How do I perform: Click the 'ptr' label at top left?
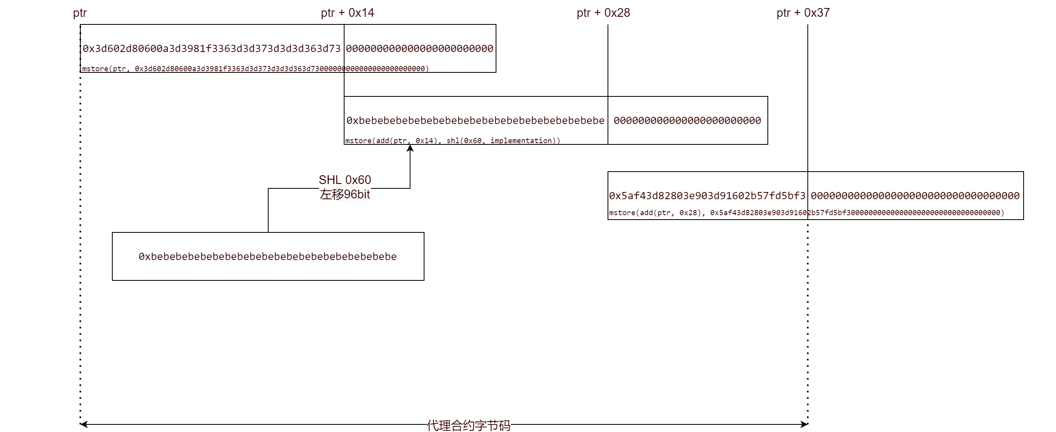point(80,13)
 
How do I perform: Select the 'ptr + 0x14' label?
point(347,13)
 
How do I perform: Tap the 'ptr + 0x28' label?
point(603,13)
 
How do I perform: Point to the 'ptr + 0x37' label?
point(803,13)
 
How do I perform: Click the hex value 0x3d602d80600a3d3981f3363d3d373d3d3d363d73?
point(211,49)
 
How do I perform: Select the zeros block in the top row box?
point(419,49)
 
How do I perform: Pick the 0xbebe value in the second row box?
point(475,121)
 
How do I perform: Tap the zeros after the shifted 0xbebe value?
point(687,121)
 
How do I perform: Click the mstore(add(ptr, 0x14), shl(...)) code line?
point(452,141)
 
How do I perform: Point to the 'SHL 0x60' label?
point(345,180)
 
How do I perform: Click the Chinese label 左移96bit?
point(345,194)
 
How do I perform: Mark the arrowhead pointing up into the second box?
point(410,148)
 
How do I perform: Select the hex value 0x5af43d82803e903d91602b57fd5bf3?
point(707,196)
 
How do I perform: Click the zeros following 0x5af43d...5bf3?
point(915,196)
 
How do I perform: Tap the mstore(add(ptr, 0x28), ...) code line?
point(806,213)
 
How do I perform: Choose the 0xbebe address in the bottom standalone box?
point(268,257)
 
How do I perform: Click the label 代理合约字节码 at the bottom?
point(468,426)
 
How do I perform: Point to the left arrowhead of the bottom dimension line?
point(83,424)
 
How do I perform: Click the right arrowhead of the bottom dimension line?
point(805,424)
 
